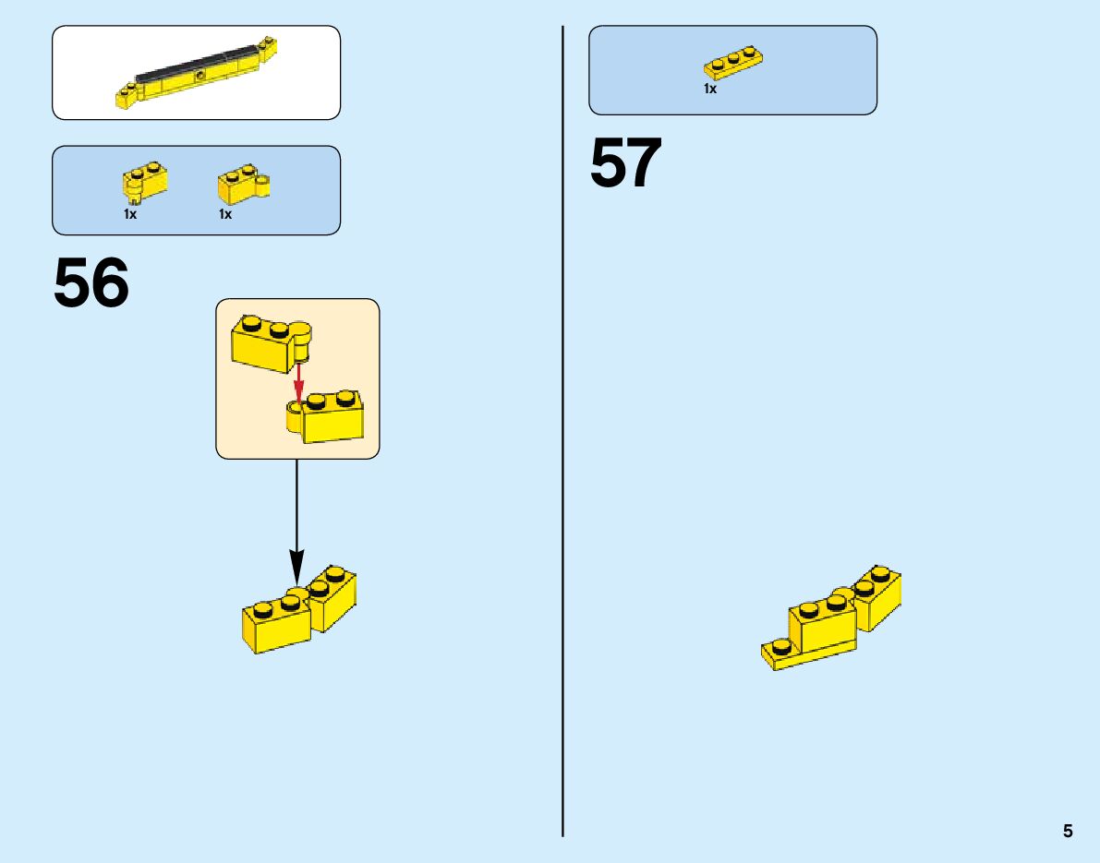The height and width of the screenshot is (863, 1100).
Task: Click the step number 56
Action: [91, 283]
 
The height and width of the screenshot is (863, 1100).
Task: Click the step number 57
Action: [626, 163]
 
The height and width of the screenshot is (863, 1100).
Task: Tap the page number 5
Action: [1068, 831]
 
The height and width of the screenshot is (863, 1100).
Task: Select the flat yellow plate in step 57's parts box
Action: [732, 63]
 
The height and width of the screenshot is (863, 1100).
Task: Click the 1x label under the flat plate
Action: [710, 90]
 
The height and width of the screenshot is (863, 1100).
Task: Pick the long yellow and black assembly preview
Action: [197, 74]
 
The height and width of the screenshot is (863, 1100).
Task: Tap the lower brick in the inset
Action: [331, 417]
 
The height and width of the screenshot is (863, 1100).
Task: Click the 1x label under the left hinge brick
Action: [130, 214]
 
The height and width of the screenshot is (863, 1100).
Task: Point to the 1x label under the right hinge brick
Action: [225, 214]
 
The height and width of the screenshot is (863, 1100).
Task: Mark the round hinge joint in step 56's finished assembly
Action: [297, 592]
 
